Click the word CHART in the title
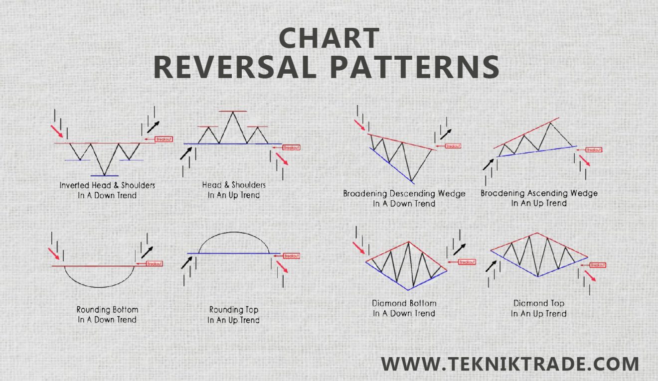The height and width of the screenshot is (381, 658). (329, 38)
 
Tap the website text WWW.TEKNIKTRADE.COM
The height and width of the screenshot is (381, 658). (509, 364)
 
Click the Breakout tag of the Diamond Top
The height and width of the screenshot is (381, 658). (598, 265)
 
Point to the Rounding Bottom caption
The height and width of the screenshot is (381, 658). (107, 314)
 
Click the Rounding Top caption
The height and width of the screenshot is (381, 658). (233, 315)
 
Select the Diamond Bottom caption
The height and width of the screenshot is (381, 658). (404, 308)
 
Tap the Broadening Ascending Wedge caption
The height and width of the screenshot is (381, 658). (539, 198)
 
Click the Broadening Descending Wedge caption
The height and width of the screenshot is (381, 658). (404, 198)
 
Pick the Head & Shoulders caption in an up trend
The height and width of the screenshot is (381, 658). (233, 190)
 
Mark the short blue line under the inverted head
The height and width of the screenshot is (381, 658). (104, 176)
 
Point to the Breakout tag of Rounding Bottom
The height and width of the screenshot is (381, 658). (155, 263)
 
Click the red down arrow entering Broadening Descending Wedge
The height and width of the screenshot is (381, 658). (360, 126)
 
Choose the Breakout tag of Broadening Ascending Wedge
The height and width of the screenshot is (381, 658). (594, 149)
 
